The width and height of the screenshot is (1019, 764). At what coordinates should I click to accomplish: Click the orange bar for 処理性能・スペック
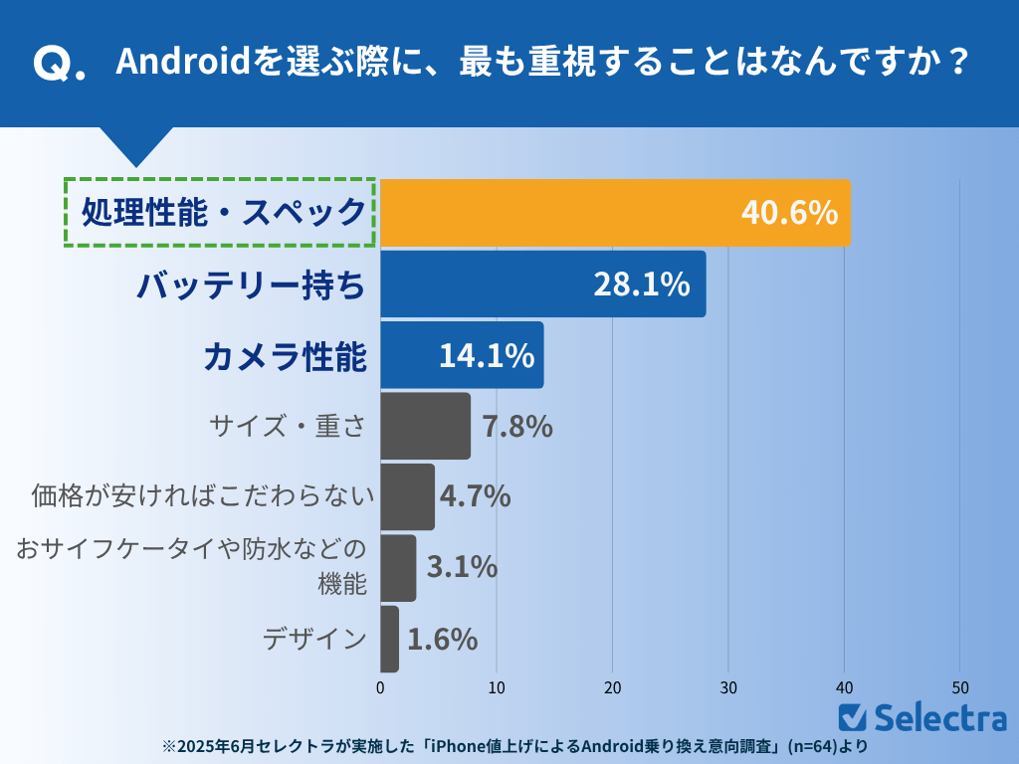coord(557,212)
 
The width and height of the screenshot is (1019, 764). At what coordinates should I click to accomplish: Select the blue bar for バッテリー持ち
coord(488,284)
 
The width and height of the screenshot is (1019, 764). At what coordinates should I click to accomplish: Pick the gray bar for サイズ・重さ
coord(425,426)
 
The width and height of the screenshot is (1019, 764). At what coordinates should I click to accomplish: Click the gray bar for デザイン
coord(389,639)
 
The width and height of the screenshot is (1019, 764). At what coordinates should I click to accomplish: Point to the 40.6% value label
coord(789,212)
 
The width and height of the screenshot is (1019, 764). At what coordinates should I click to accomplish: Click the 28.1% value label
coord(642,285)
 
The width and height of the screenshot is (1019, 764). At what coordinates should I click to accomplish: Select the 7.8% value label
coord(517,427)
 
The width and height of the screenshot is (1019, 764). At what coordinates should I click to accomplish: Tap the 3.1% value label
coord(462,567)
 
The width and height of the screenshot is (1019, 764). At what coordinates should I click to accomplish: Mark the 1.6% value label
coord(443,639)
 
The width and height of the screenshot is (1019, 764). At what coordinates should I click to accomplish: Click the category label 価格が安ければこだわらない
coord(203,495)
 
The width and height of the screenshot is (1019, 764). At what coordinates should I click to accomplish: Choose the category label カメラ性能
coord(286,356)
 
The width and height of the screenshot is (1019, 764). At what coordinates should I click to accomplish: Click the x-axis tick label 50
coord(960,687)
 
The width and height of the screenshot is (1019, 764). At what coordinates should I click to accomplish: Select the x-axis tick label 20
coord(613,687)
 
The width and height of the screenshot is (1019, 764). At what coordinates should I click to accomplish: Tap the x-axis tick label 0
coord(380,687)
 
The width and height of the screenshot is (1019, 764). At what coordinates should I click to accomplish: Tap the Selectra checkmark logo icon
coord(852,716)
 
